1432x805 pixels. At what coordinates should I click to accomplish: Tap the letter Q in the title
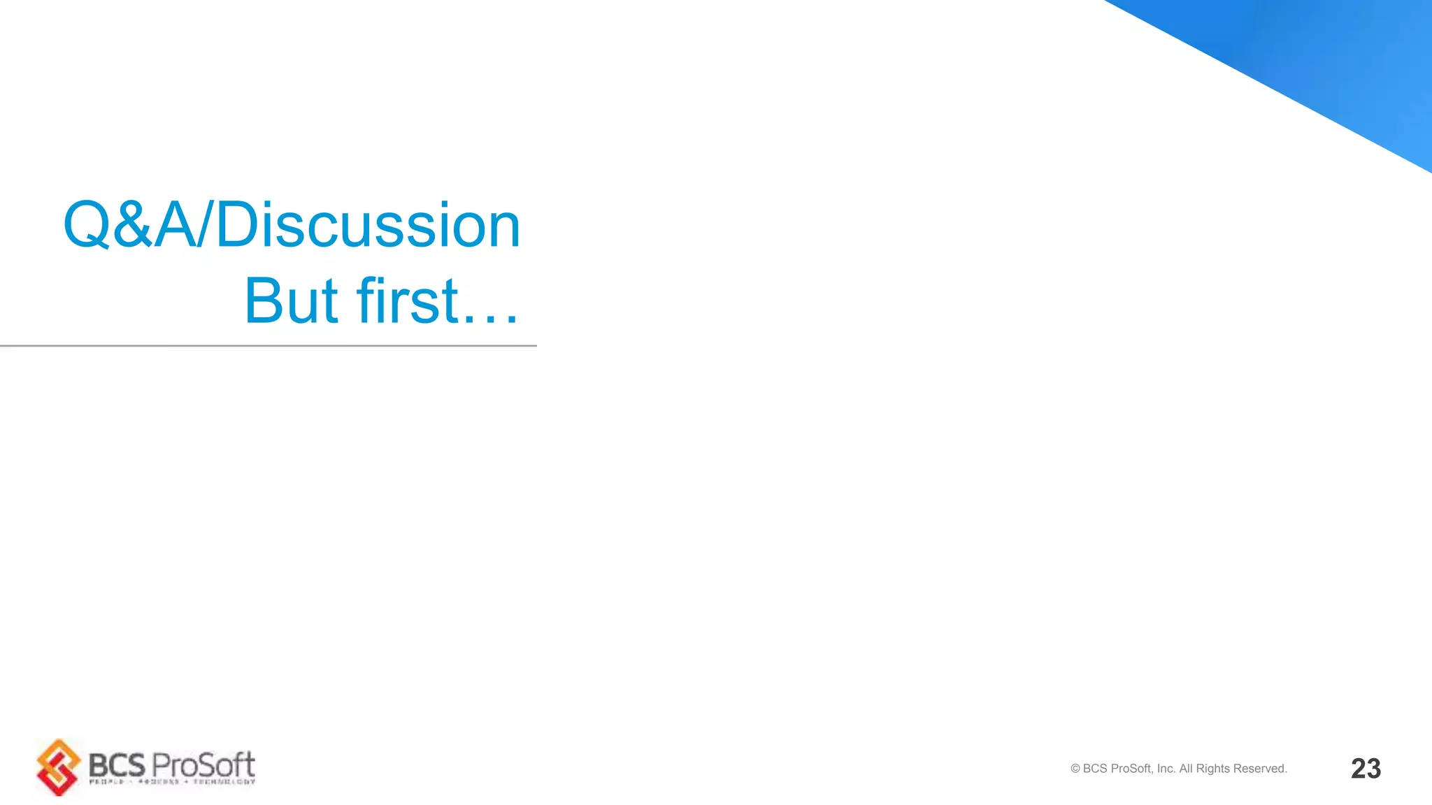(86, 225)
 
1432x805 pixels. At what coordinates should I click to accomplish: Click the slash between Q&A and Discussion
(203, 225)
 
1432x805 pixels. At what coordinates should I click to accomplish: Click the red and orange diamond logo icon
(59, 767)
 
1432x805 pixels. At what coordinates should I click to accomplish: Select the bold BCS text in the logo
(117, 766)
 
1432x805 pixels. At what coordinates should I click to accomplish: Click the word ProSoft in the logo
(203, 765)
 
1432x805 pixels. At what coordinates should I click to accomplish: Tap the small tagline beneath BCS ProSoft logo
(172, 782)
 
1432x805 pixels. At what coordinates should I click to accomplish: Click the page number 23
(1366, 769)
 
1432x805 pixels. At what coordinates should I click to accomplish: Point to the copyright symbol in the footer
(1075, 769)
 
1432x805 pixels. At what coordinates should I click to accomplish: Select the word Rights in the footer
(1213, 769)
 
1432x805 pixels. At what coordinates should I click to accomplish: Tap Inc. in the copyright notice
(1166, 769)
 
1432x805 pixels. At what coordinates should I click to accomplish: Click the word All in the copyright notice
(1186, 769)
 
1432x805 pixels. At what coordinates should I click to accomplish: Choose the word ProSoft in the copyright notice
(1131, 769)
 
